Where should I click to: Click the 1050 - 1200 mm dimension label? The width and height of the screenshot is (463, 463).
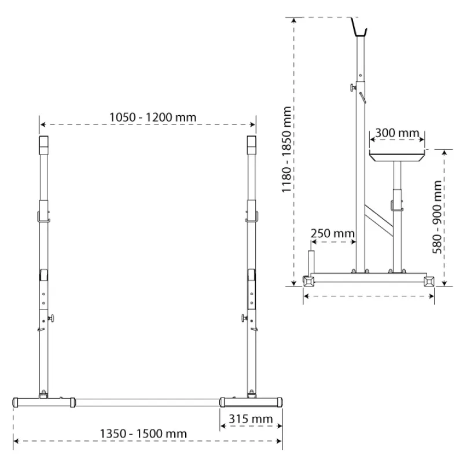[x=153, y=117]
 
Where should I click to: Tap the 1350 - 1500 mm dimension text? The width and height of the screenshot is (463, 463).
[x=143, y=433]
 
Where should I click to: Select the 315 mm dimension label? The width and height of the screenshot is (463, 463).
[x=251, y=418]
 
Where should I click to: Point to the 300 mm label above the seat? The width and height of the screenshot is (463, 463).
[x=397, y=133]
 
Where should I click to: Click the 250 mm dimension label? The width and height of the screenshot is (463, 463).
[x=332, y=233]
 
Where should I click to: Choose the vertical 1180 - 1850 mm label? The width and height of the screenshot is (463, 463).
[x=286, y=149]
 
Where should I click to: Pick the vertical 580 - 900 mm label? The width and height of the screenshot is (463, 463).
[x=437, y=217]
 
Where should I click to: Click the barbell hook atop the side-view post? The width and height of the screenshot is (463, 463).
[x=358, y=28]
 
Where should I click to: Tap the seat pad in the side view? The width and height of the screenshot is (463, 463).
[x=397, y=155]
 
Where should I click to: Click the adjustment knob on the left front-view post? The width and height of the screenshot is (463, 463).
[x=52, y=319]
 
